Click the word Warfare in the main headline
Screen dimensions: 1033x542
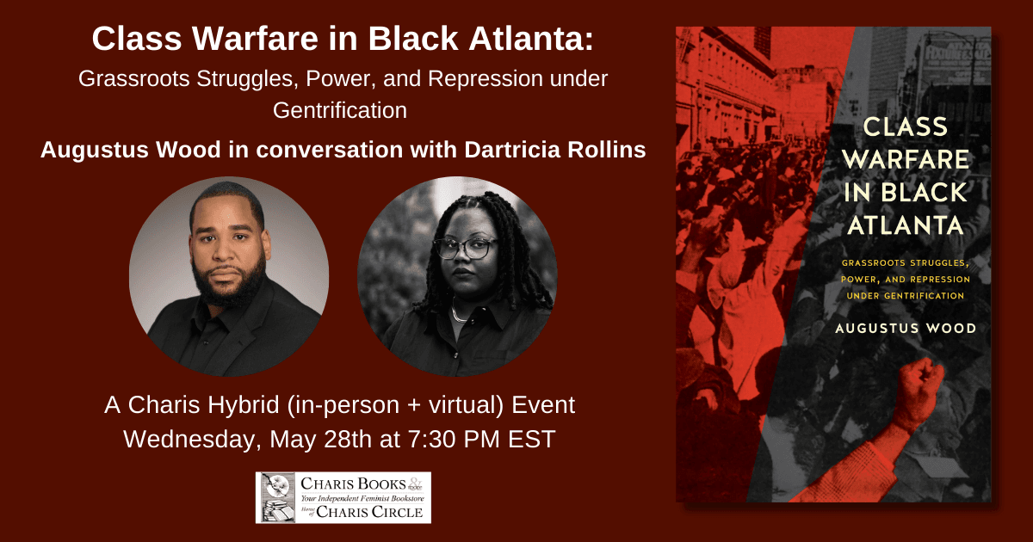pyautogui.click(x=255, y=38)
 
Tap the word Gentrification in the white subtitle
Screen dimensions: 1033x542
pyautogui.click(x=340, y=110)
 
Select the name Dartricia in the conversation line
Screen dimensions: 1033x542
pyautogui.click(x=512, y=150)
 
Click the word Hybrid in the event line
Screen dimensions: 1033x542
pyautogui.click(x=244, y=405)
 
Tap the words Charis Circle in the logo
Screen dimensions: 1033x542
pyautogui.click(x=369, y=512)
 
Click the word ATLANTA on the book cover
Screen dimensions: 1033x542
pyautogui.click(x=906, y=225)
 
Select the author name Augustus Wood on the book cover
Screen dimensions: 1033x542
pyautogui.click(x=906, y=328)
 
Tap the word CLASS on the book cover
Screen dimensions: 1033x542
pyautogui.click(x=906, y=126)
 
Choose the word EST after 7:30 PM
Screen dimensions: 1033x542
pyautogui.click(x=532, y=440)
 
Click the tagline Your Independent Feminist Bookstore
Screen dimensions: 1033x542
pyautogui.click(x=362, y=498)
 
